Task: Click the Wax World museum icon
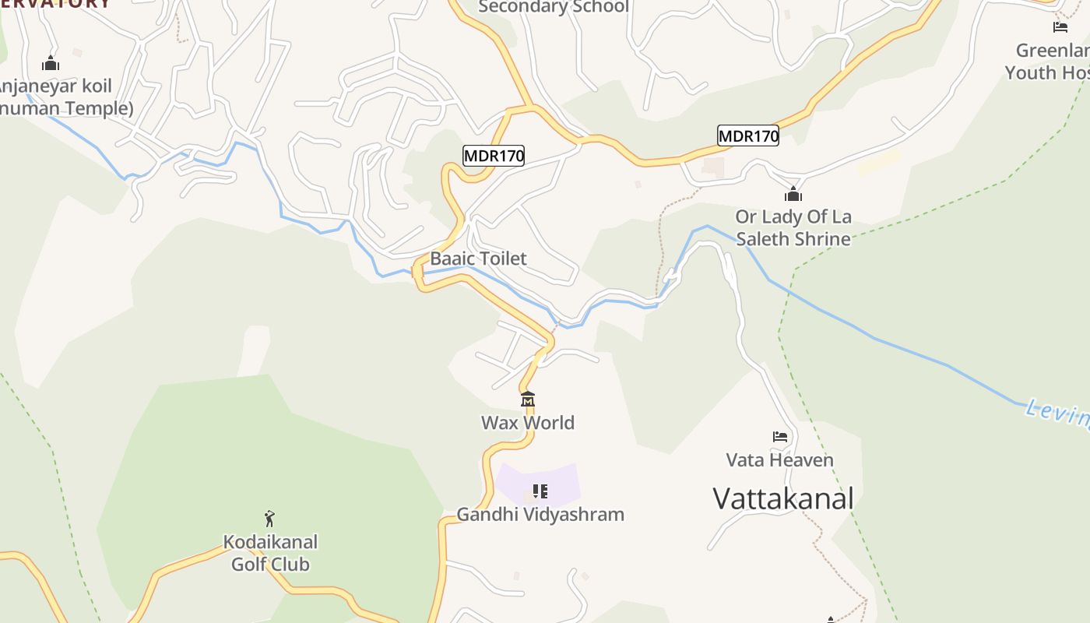click(x=528, y=399)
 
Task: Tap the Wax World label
click(x=528, y=423)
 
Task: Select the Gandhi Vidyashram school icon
click(x=540, y=491)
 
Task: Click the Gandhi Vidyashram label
click(x=540, y=515)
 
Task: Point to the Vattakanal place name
click(x=783, y=498)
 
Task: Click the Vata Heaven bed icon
click(x=780, y=437)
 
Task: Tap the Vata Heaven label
click(x=779, y=460)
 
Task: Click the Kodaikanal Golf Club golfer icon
click(x=269, y=519)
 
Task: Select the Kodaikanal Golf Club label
click(x=270, y=553)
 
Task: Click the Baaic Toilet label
click(x=478, y=259)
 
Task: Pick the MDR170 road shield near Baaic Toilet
click(x=494, y=156)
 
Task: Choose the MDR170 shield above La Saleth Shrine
click(x=747, y=136)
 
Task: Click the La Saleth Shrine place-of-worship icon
click(x=793, y=194)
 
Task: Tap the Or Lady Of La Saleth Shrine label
click(x=793, y=227)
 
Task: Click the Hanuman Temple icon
click(x=51, y=63)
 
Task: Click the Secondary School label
click(x=553, y=7)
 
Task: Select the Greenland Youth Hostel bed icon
click(x=1060, y=27)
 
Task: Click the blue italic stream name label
click(x=1057, y=414)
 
